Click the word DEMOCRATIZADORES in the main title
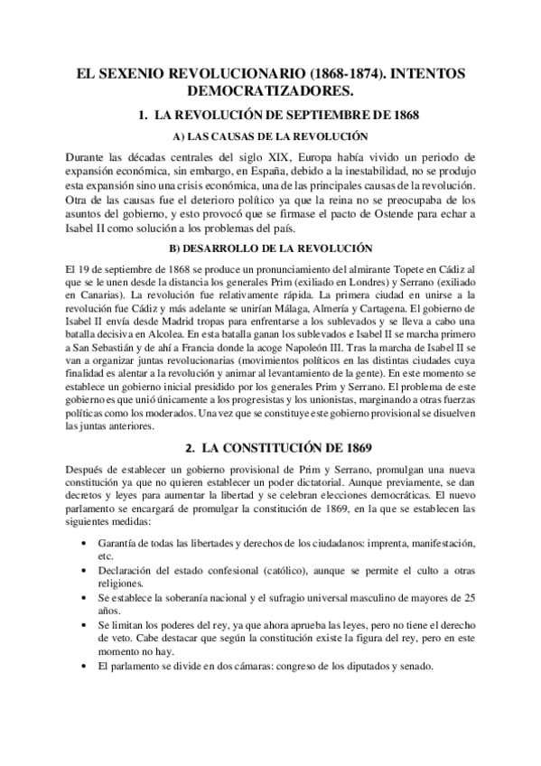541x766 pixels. click(x=270, y=91)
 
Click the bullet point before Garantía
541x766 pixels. click(x=84, y=542)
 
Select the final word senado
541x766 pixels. click(x=415, y=667)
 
